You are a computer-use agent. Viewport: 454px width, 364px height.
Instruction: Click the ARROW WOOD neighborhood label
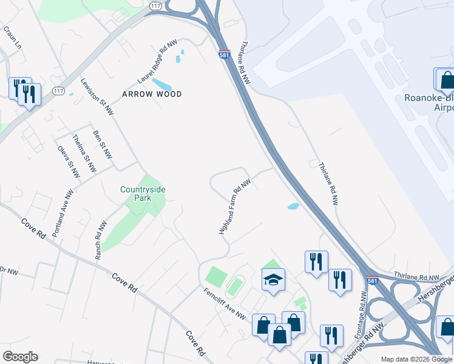pos(152,94)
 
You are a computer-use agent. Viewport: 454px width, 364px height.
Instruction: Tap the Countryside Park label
pos(143,194)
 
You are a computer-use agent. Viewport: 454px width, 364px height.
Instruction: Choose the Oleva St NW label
pos(69,161)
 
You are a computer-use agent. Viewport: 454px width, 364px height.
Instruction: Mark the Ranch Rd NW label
pos(101,240)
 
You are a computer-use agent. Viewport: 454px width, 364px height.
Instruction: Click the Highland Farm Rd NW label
pos(235,206)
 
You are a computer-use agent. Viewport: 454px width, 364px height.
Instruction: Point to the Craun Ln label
pos(12,38)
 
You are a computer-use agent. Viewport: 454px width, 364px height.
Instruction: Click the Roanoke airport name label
pos(429,103)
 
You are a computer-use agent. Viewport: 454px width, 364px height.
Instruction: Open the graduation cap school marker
pos(273,280)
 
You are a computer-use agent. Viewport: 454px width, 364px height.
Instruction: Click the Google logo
pos(20,357)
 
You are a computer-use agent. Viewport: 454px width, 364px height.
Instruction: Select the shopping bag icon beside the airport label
pos(446,80)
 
